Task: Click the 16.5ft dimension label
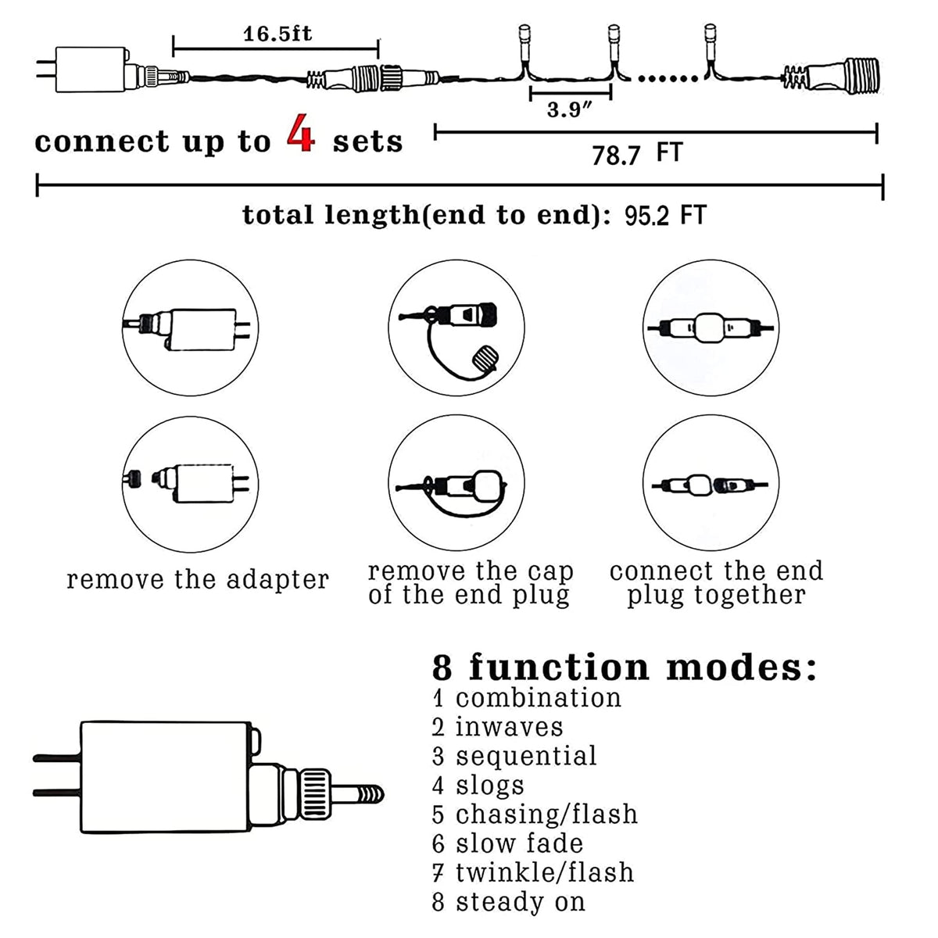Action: tap(277, 34)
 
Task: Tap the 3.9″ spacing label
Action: tap(569, 109)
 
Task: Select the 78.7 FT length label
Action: tap(636, 154)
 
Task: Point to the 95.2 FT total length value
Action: tap(665, 215)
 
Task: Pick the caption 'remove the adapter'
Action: tap(198, 580)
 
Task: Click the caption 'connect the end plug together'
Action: tap(716, 583)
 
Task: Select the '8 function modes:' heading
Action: tap(624, 668)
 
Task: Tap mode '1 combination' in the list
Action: tap(527, 697)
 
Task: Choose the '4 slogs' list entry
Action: tap(478, 785)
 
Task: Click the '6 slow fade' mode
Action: tap(507, 843)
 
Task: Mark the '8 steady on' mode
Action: tap(508, 902)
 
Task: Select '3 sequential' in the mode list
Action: tap(514, 756)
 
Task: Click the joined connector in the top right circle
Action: tap(710, 328)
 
